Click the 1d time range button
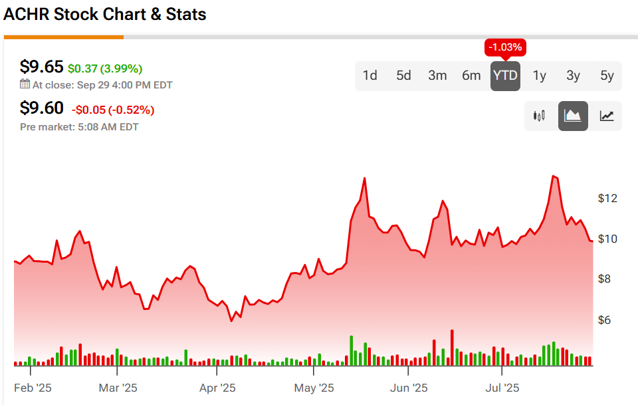370,75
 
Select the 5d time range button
404,75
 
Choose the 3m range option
437,75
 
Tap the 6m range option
471,75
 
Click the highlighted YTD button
505,75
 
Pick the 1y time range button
540,75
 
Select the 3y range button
573,75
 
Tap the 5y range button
607,75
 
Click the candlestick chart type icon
540,116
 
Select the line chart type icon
607,116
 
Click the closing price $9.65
41,67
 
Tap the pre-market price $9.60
41,108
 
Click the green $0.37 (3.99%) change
105,68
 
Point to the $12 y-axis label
608,198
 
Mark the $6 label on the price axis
605,320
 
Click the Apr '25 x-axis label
217,388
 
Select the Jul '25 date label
502,388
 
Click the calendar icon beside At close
25,84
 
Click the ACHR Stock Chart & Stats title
105,14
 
